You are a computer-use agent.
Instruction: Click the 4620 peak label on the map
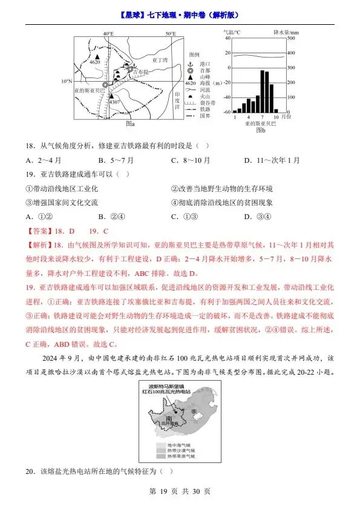(95, 62)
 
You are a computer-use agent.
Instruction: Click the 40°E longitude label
(108, 34)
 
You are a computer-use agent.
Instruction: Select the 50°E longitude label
(171, 34)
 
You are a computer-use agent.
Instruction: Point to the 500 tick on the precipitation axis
(291, 38)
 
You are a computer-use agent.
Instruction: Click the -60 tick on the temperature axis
(226, 112)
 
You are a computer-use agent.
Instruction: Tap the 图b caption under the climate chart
(260, 130)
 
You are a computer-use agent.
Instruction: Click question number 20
(30, 471)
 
